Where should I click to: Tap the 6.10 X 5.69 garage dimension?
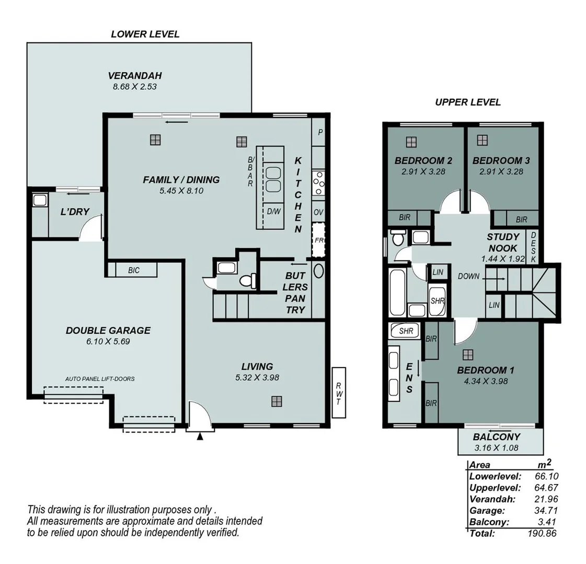(x=108, y=342)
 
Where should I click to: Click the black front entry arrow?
(x=200, y=437)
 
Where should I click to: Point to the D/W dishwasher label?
(x=273, y=211)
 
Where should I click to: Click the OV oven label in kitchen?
(x=318, y=212)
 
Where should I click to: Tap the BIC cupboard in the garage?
(x=133, y=270)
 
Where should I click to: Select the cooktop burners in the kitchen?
(x=318, y=183)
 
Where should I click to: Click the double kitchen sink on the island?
(x=273, y=179)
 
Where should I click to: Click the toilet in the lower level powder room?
(x=247, y=280)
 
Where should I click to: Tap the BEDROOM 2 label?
(x=423, y=161)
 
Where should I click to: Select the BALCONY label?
(x=497, y=437)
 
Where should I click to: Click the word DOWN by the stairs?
(x=468, y=276)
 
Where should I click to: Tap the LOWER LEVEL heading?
(x=145, y=34)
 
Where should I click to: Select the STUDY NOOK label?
(x=503, y=242)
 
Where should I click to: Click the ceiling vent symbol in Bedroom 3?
(x=482, y=140)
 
